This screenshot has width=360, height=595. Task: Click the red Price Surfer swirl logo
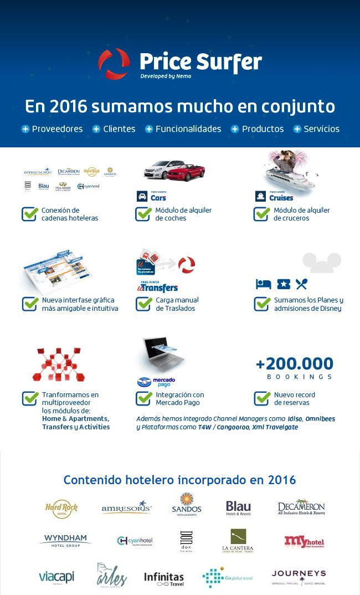click(114, 64)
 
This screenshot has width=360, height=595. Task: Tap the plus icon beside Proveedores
click(25, 129)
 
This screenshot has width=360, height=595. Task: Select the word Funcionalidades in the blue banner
click(188, 129)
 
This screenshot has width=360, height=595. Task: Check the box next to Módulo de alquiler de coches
click(143, 214)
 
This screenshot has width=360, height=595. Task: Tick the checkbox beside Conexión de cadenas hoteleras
click(29, 214)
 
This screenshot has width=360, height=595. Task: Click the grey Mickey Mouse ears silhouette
click(321, 262)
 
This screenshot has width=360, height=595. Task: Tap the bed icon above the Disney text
click(263, 284)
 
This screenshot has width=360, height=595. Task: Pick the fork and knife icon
click(301, 284)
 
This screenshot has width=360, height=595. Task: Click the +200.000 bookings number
click(295, 364)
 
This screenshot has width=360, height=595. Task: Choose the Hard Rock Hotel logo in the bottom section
click(61, 509)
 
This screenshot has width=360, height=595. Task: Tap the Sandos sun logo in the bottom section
click(186, 503)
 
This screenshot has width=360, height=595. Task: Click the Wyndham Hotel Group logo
click(65, 540)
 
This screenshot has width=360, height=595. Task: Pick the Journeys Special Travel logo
click(299, 577)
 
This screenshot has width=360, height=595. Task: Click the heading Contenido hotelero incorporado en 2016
click(179, 480)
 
